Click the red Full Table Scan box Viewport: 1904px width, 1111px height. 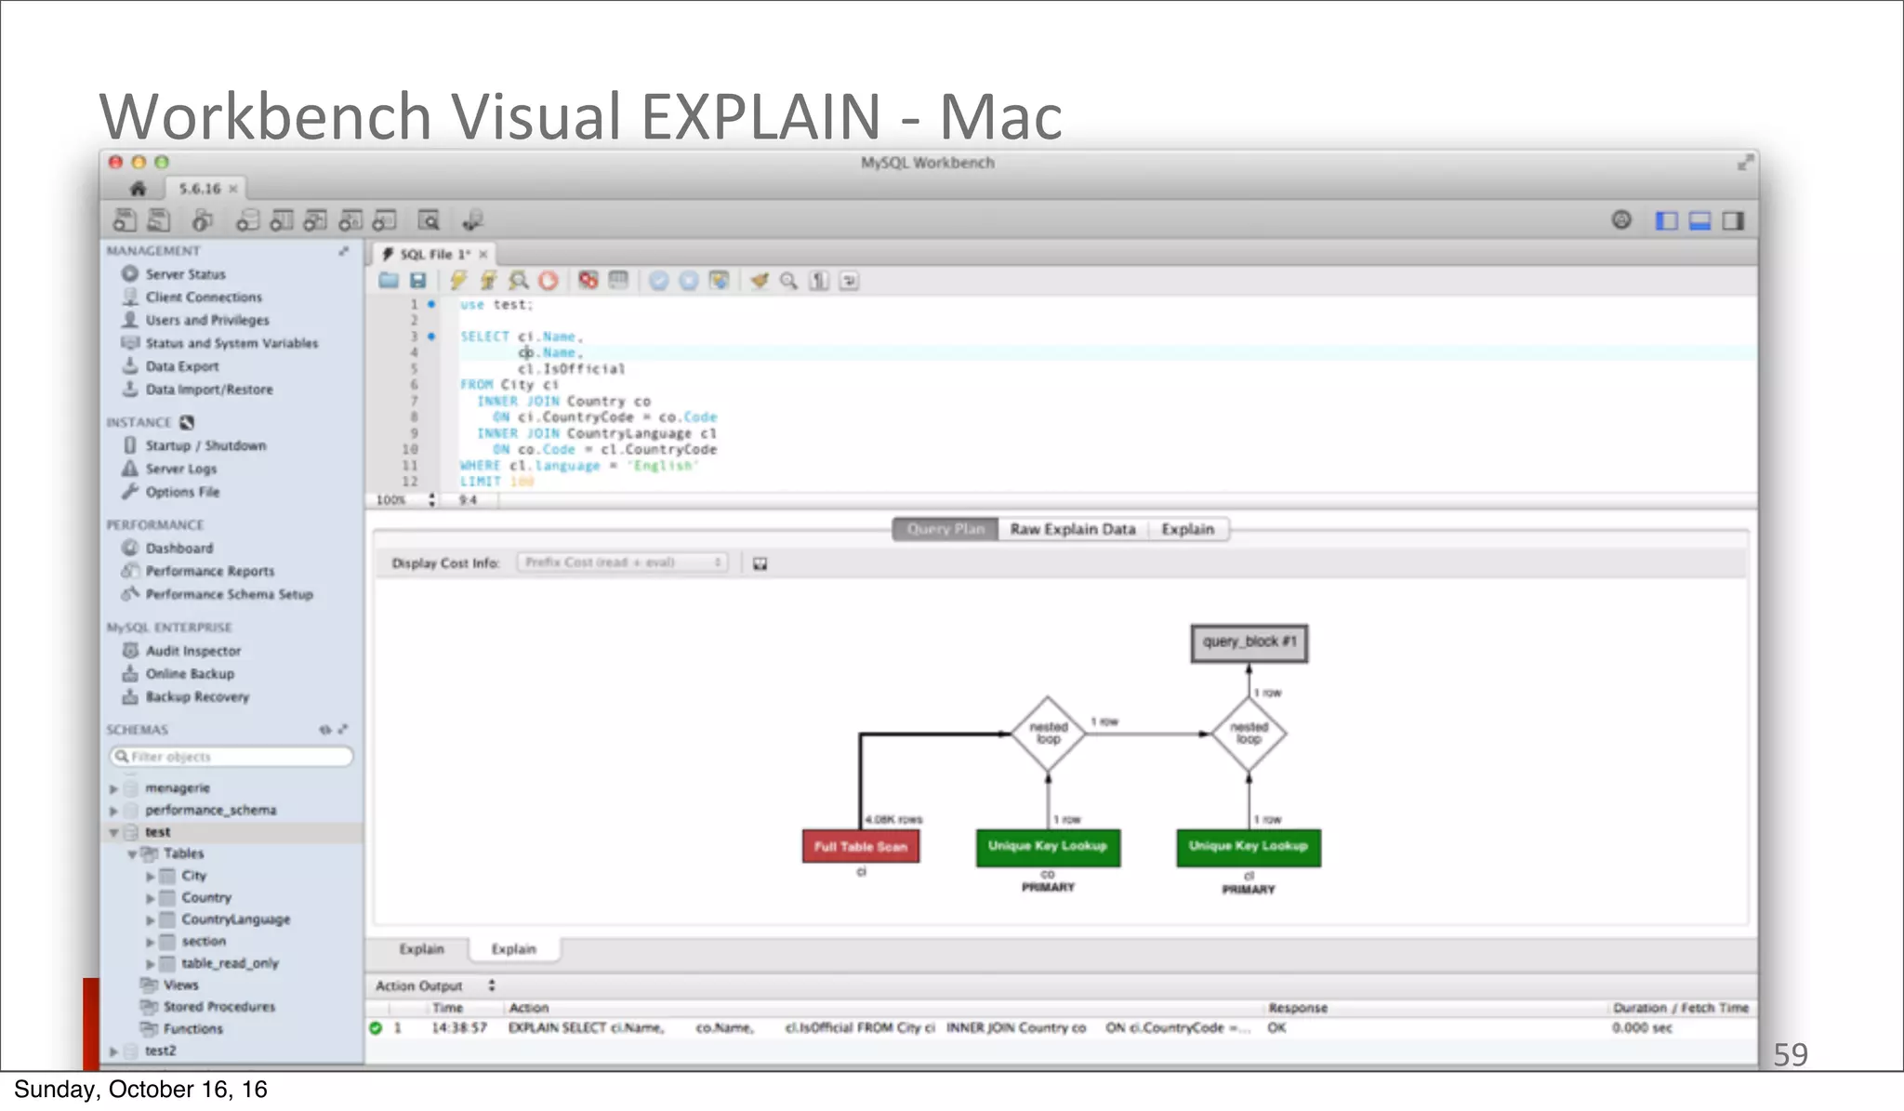(x=861, y=846)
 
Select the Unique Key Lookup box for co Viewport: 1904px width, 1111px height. (x=1048, y=846)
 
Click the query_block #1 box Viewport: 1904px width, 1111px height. (x=1249, y=642)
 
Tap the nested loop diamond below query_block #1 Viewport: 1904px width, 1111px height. (x=1249, y=734)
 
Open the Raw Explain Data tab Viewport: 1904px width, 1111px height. (x=1073, y=529)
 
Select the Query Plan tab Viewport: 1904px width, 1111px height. (x=945, y=529)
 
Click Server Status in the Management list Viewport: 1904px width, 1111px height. (x=185, y=274)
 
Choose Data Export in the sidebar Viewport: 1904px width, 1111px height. (x=182, y=366)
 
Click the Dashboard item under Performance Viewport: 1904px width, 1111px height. (x=178, y=549)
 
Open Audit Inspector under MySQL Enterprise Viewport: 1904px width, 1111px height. (x=192, y=651)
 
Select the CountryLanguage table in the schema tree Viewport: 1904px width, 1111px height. (x=235, y=919)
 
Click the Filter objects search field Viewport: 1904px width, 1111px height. (x=232, y=757)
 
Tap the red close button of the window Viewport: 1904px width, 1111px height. (x=115, y=162)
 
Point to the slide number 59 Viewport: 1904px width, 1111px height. (x=1790, y=1054)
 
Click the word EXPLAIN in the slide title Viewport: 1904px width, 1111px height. (x=760, y=117)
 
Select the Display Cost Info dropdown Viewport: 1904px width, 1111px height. (x=622, y=562)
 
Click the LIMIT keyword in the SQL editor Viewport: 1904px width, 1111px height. (x=480, y=482)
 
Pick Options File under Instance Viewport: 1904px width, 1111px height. (x=182, y=492)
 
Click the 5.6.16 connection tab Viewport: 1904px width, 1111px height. (x=200, y=189)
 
